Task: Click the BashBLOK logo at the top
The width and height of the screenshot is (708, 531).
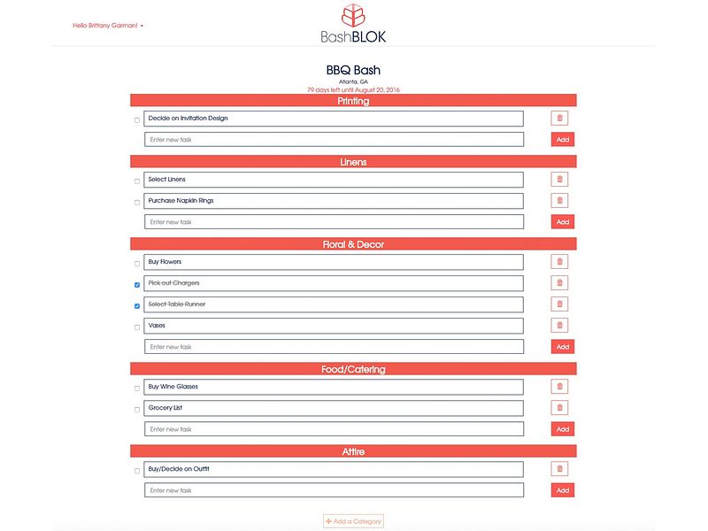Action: (353, 23)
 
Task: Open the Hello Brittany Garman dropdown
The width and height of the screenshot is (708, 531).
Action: (108, 26)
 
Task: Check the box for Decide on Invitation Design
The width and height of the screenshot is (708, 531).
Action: (137, 119)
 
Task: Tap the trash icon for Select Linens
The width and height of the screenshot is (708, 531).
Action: (559, 180)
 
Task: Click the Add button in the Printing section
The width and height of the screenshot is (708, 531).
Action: (563, 140)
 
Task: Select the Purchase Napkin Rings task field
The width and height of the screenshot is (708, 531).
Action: (334, 201)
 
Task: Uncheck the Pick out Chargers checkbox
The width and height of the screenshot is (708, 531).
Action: (137, 285)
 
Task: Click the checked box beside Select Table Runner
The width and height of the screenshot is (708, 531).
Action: (137, 306)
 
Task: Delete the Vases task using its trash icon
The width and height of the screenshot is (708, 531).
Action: (559, 326)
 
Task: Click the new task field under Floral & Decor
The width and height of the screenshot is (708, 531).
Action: (334, 347)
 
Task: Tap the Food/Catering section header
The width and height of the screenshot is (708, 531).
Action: (353, 369)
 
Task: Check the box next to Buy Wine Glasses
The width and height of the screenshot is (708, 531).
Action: (137, 389)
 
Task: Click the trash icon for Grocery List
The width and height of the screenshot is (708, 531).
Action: (559, 408)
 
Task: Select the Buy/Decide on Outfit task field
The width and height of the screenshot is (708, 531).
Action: (334, 469)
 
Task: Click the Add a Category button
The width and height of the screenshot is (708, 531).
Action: (353, 521)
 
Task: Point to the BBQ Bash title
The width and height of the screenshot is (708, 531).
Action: (353, 70)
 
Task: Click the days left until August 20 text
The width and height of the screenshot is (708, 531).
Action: (353, 89)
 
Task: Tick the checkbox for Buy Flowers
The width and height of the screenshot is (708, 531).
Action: (137, 264)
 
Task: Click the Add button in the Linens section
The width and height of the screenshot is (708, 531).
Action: (563, 222)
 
